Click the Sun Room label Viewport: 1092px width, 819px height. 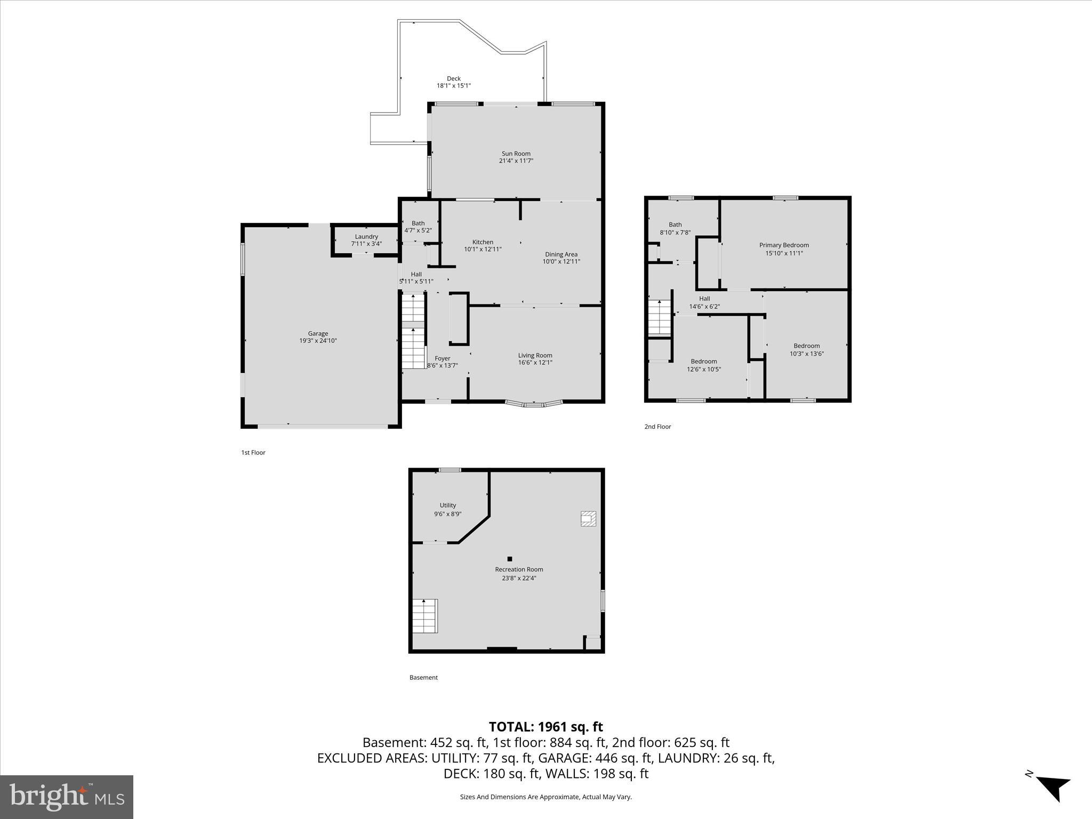tap(516, 154)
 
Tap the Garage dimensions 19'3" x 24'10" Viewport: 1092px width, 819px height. tap(318, 341)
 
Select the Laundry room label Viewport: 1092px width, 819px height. tap(366, 237)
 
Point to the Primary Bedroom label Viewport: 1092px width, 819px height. tap(784, 245)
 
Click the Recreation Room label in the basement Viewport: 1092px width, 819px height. tap(519, 569)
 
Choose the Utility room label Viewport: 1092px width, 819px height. tap(448, 505)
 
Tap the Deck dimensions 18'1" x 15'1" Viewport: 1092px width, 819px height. tap(454, 86)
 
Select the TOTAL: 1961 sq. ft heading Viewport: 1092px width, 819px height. tap(545, 727)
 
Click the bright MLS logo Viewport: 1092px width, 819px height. tap(66, 797)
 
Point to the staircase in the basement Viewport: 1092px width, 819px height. tap(425, 616)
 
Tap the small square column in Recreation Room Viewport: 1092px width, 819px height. tap(510, 559)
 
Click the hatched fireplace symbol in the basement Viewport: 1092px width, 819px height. tap(588, 519)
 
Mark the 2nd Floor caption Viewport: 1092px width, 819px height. tap(657, 427)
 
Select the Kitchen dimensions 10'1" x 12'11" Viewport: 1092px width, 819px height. tap(483, 249)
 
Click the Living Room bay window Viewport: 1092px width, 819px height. tap(534, 404)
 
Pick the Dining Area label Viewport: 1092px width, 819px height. tap(561, 254)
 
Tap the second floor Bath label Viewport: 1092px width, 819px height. tap(675, 224)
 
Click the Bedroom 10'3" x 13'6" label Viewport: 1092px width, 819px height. tap(806, 346)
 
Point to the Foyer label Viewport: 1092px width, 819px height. tap(443, 358)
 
